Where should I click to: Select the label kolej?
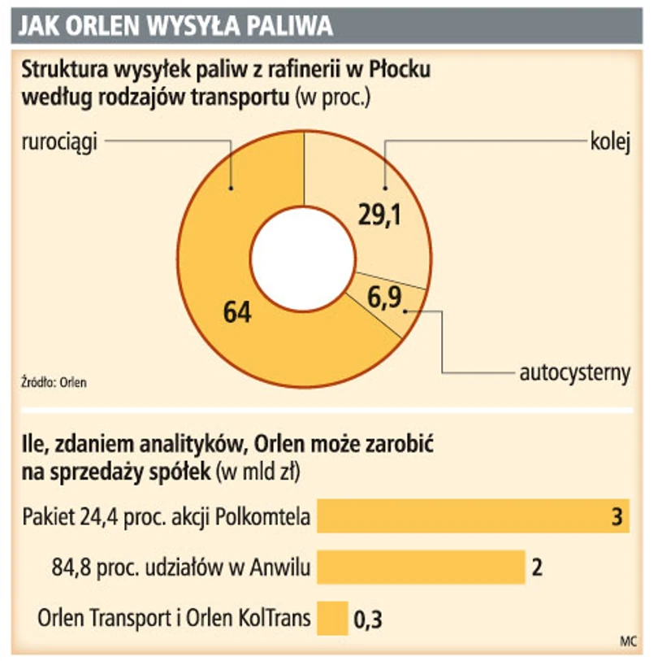610,141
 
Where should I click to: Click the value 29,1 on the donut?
379,215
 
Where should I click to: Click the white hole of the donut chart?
303,257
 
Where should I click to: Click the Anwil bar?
421,567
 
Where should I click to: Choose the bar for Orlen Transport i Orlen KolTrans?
332,618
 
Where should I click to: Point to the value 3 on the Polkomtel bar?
617,517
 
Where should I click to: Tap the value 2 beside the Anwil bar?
537,567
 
